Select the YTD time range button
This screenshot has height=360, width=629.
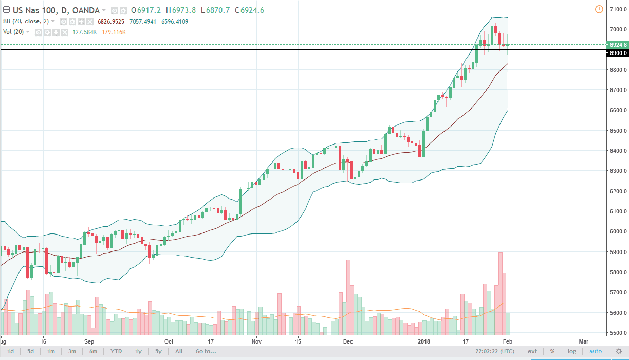pyautogui.click(x=116, y=351)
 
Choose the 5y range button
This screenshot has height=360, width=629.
pyautogui.click(x=158, y=351)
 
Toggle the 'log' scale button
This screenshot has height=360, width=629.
pyautogui.click(x=571, y=351)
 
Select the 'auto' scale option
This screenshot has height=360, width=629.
pyautogui.click(x=595, y=351)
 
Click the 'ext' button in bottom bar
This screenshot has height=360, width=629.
pyautogui.click(x=532, y=351)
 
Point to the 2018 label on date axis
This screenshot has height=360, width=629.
pyautogui.click(x=424, y=341)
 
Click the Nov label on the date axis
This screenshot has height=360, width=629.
pyautogui.click(x=257, y=341)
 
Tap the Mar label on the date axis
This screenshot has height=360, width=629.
pyautogui.click(x=583, y=341)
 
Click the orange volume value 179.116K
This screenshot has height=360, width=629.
pyautogui.click(x=114, y=32)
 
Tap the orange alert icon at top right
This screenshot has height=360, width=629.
pyautogui.click(x=598, y=9)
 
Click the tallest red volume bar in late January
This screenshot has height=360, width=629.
pyautogui.click(x=500, y=293)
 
